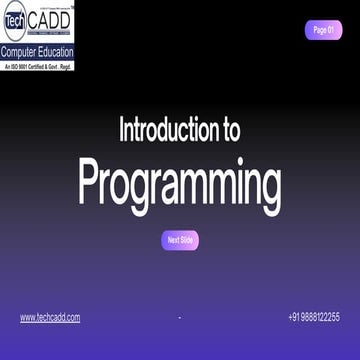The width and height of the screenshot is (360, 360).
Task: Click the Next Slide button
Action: (x=180, y=240)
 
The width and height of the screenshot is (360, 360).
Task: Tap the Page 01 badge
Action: (x=323, y=30)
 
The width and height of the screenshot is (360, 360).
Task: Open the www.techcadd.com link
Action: (x=50, y=317)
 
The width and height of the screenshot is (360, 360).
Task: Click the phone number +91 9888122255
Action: (x=313, y=317)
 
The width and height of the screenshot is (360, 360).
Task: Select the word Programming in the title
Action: (x=180, y=183)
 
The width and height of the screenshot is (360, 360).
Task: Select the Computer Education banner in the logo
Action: (x=37, y=50)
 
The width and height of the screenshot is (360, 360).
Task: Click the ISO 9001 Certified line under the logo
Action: (x=37, y=64)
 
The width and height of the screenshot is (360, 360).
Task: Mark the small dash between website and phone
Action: (x=179, y=318)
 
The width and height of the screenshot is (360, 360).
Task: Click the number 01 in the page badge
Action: (x=330, y=30)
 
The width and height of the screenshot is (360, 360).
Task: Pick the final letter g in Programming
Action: (x=269, y=187)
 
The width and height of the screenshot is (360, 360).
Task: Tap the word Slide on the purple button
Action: (x=187, y=240)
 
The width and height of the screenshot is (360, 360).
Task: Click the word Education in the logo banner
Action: (x=54, y=50)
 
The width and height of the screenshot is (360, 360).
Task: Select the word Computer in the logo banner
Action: (x=18, y=50)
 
